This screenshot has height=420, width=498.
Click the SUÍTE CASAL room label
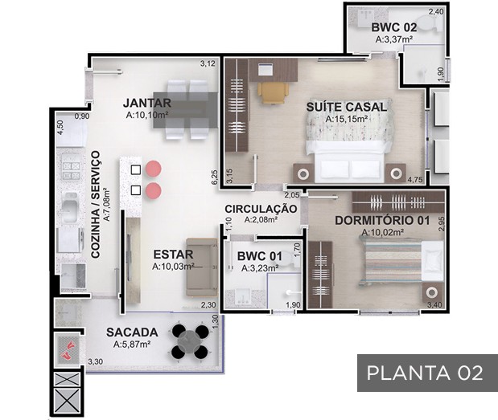[347, 107]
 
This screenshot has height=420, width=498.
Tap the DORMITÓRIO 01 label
[382, 220]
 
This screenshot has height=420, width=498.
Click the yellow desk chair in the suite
[274, 92]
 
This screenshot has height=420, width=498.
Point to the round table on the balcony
[190, 342]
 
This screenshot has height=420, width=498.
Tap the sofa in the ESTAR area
[202, 267]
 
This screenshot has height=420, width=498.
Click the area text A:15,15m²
[347, 119]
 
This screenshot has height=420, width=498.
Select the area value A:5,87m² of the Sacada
[132, 345]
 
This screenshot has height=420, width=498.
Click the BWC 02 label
[394, 27]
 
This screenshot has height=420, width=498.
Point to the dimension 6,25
[215, 177]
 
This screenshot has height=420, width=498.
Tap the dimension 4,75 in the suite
[415, 179]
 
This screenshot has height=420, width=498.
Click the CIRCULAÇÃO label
[261, 209]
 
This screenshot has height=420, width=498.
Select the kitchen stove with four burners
[71, 170]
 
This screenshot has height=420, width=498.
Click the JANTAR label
[147, 103]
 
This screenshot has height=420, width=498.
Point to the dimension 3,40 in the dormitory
[434, 305]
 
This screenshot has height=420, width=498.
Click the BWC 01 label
[260, 256]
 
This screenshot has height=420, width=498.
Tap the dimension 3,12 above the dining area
[208, 63]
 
